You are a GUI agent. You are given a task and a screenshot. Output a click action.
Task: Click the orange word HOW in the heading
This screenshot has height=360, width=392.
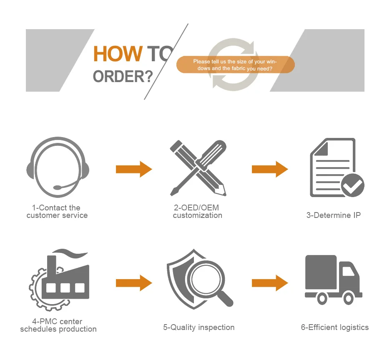click(x=117, y=54)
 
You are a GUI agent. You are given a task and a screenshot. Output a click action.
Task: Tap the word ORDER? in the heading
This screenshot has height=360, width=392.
click(x=123, y=76)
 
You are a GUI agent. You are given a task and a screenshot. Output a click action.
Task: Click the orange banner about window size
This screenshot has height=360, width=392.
click(x=235, y=65)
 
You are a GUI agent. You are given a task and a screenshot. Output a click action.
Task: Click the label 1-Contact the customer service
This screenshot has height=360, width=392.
click(x=57, y=212)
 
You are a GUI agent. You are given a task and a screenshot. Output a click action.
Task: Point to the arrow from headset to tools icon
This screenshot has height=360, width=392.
click(x=134, y=169)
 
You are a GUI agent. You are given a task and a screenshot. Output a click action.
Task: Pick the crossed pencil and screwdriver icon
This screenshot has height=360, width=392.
click(x=198, y=168)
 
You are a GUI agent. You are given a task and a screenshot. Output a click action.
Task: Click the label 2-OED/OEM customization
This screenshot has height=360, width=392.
click(x=197, y=212)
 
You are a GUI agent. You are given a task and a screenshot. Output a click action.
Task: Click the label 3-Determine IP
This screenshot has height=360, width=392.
click(x=333, y=215)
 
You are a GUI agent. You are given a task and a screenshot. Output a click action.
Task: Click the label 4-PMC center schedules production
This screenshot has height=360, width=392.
click(x=58, y=325)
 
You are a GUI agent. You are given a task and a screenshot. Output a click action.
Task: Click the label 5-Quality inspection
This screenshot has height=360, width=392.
click(x=199, y=327)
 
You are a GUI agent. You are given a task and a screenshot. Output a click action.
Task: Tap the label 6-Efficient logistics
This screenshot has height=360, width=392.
click(x=334, y=327)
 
